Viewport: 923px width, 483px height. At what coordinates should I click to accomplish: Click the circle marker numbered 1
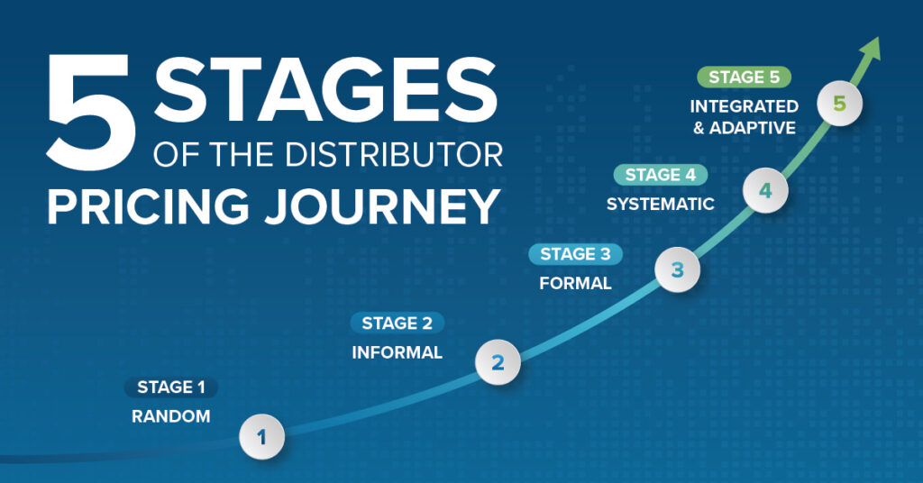point(262,438)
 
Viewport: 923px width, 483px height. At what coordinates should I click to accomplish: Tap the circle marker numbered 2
point(498,362)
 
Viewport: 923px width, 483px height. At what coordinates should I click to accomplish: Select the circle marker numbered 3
point(678,269)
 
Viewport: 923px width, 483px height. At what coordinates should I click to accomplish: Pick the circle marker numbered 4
point(765,190)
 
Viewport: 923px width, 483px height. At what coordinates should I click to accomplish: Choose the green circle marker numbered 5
point(840,104)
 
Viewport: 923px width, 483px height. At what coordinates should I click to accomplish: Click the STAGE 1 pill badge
point(171,387)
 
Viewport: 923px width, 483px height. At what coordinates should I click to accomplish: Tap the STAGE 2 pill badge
point(397,323)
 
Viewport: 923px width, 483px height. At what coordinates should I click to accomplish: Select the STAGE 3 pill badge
point(575,254)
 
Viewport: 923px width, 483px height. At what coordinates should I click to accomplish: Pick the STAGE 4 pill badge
point(661,175)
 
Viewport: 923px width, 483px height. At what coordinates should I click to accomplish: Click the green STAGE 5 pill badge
point(744,77)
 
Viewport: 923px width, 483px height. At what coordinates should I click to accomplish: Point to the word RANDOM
point(171,417)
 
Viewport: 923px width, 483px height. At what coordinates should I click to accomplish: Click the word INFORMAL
point(397,352)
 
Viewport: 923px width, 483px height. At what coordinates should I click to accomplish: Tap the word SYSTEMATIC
point(660,205)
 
